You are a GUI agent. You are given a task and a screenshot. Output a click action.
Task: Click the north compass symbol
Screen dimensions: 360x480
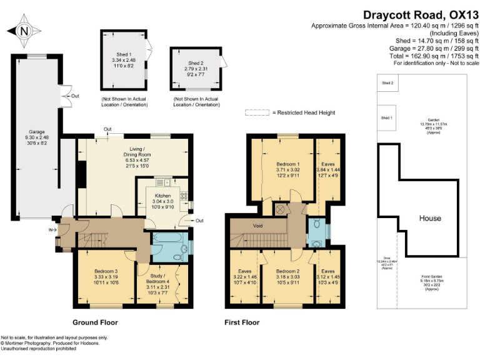23,31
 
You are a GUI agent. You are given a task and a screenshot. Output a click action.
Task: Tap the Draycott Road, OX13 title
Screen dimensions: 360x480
421,14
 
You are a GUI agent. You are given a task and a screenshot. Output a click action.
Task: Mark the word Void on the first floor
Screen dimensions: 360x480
257,226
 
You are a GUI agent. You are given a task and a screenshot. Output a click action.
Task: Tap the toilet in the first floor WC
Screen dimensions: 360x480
318,224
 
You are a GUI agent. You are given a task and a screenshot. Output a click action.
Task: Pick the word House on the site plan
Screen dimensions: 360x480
430,218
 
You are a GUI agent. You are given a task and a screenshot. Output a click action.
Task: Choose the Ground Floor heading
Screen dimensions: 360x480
96,323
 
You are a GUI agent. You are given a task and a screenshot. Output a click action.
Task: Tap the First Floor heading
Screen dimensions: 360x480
242,323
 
